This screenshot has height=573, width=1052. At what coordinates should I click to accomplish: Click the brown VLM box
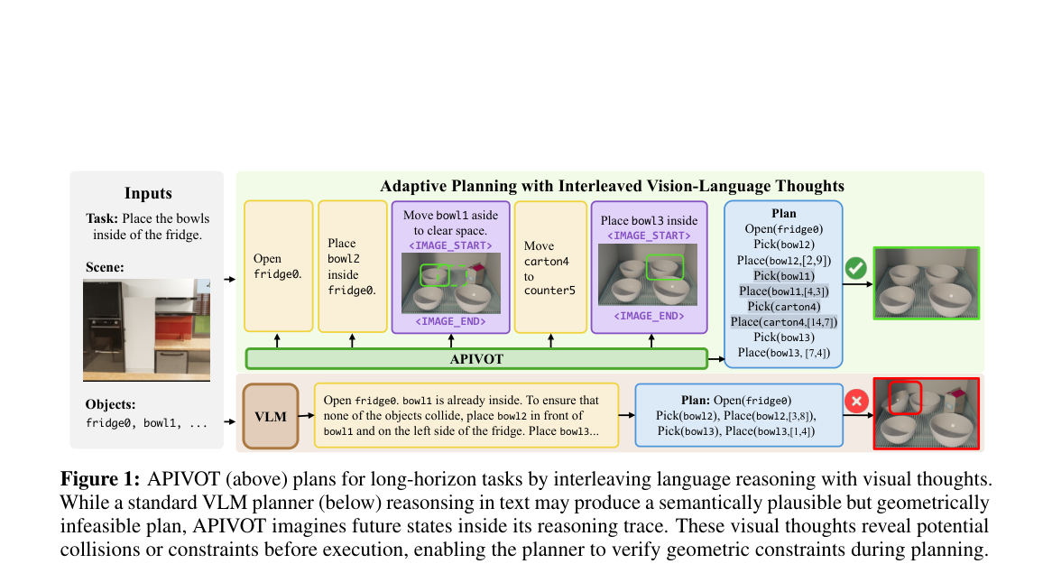coord(271,416)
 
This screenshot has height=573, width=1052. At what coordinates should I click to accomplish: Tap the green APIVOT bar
coord(476,359)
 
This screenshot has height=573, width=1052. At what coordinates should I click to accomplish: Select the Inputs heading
coord(148,193)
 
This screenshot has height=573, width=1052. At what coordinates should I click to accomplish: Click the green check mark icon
coord(855,268)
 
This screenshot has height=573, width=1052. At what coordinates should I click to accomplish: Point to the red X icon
coord(856,402)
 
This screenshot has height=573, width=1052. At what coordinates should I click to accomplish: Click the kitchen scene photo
coord(146,330)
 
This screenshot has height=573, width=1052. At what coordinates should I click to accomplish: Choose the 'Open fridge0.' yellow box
coord(279,266)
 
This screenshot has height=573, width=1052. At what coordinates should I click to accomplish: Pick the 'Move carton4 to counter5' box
coord(551,267)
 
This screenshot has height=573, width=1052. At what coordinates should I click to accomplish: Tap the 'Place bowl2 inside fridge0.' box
coord(352,266)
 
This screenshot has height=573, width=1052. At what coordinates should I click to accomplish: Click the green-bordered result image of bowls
coord(927,283)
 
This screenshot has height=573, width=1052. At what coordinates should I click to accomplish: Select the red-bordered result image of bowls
coord(927,413)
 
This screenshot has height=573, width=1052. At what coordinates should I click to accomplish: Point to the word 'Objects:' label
coord(110,404)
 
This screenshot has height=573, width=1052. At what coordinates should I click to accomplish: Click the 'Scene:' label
coord(105,267)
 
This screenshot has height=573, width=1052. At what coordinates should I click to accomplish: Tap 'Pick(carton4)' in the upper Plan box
coord(784,307)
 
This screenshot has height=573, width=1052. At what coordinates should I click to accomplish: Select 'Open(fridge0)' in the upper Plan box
coord(784,229)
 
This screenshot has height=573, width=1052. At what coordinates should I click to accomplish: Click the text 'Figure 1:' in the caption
coord(100,479)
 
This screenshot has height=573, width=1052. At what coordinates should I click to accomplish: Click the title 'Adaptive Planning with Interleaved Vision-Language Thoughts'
coord(612,186)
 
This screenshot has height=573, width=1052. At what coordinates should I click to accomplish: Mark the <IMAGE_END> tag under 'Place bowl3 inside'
coord(649,316)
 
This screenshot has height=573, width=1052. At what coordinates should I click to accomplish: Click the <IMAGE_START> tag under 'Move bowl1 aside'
coord(450,245)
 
